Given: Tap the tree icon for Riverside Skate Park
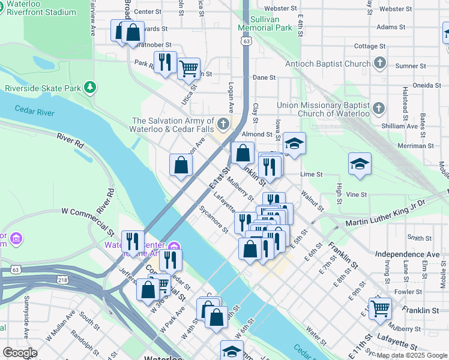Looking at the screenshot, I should pyautogui.click(x=90, y=88).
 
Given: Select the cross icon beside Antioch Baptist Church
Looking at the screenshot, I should pyautogui.click(x=379, y=63).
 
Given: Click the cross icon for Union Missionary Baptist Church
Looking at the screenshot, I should pyautogui.click(x=378, y=109).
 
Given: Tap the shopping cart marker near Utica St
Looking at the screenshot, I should pyautogui.click(x=189, y=69).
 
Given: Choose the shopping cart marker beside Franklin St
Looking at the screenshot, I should pyautogui.click(x=380, y=308).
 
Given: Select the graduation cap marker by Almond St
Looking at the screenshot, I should pyautogui.click(x=294, y=144).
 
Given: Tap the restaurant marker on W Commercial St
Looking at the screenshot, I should pyautogui.click(x=133, y=242).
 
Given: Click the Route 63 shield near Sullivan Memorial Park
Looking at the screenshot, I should pyautogui.click(x=247, y=41).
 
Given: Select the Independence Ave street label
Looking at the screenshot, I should pyautogui.click(x=407, y=254).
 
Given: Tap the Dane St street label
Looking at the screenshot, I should pyautogui.click(x=264, y=77).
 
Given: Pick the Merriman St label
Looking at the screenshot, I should pyautogui.click(x=415, y=146).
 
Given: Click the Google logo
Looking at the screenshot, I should pyautogui.click(x=20, y=353).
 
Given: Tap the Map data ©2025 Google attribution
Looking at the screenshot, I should pyautogui.click(x=411, y=355).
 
